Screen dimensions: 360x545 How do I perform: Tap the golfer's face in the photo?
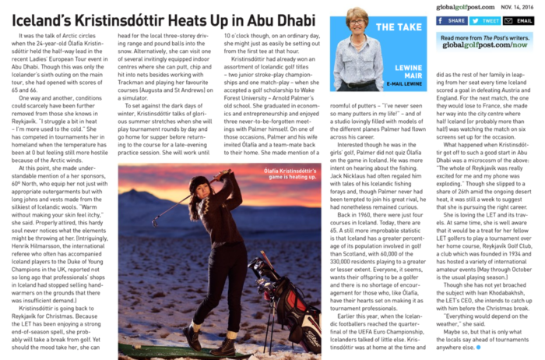click(202, 187)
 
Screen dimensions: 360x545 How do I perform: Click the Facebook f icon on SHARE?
click(441, 21)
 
